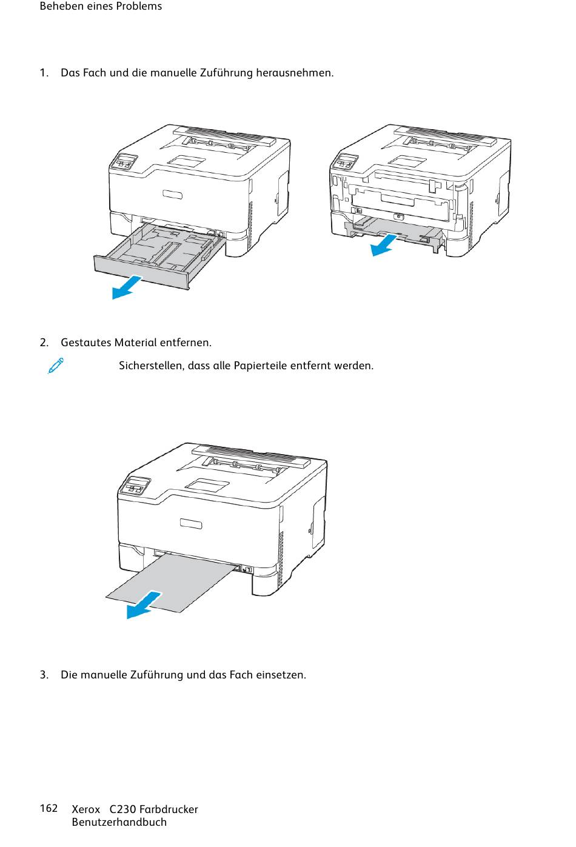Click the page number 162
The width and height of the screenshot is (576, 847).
coord(49,808)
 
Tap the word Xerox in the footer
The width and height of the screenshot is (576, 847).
coord(85,809)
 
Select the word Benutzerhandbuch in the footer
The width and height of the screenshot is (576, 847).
coord(119,822)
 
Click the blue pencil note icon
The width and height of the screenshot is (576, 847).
coord(56,366)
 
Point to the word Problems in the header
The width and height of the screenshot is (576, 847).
coord(141,6)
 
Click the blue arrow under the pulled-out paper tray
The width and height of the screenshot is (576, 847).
coord(127,287)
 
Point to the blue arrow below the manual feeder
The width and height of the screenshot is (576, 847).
coord(383,246)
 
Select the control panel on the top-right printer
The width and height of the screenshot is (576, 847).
coord(345,162)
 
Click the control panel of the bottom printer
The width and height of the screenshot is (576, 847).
coord(136,486)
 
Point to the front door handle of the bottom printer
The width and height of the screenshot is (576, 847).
coord(191,523)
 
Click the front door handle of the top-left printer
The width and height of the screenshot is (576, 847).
coord(172,194)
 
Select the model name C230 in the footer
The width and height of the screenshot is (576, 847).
coord(122,809)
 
